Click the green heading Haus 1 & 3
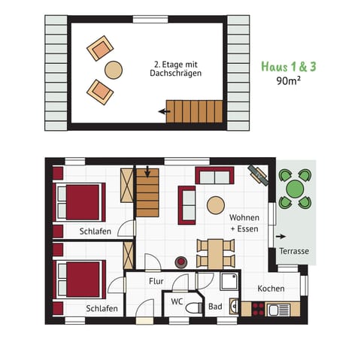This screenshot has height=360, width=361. tap(288, 66)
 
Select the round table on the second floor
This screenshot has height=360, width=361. tap(113, 70)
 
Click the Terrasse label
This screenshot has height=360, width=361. tap(293, 251)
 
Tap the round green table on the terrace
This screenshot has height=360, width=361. tap(294, 189)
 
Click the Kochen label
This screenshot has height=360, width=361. tap(270, 289)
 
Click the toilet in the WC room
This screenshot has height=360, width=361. tap(193, 307)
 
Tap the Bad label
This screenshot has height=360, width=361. tap(215, 307)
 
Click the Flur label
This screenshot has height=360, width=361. tap(156, 281)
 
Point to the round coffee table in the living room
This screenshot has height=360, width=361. tap(216, 205)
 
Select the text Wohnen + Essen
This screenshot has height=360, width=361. tap(244, 222)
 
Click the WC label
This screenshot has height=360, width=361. tap(177, 301)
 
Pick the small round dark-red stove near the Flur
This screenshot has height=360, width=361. tap(180, 262)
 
